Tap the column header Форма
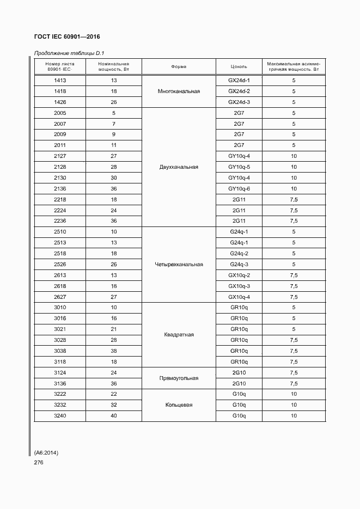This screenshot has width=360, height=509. [179, 67]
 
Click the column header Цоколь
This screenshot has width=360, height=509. [239, 67]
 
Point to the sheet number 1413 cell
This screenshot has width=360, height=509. [60, 81]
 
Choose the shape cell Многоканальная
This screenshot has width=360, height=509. [179, 91]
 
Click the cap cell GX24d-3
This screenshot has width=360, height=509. [239, 102]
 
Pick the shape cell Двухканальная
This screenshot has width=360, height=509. [179, 167]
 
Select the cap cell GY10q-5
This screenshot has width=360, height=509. [239, 167]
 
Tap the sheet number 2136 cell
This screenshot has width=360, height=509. [60, 188]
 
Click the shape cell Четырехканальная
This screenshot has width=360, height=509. [179, 265]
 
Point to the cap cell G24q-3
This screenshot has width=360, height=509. [239, 265]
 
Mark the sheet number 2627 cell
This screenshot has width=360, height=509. [60, 297]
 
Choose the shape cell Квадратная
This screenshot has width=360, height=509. [179, 335]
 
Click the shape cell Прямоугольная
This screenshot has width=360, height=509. [179, 378]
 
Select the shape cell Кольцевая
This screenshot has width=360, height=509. [179, 405]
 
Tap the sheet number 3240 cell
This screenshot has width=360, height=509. [60, 416]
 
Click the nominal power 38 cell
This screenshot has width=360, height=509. [114, 351]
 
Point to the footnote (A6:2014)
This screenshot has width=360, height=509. [46, 453]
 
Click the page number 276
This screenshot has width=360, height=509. [38, 463]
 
